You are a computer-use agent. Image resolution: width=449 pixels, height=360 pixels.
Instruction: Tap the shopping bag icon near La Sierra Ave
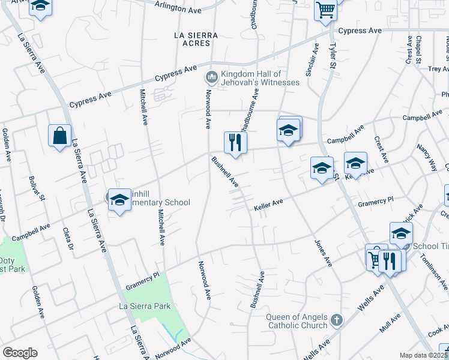tap(60, 136)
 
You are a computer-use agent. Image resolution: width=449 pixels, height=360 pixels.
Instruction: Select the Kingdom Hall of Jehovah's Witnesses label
tap(259, 78)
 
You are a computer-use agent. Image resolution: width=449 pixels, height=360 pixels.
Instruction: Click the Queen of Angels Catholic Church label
tap(298, 322)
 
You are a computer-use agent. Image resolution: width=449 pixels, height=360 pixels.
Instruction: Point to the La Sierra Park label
tap(145, 306)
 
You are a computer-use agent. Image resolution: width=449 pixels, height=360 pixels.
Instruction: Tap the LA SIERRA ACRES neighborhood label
tap(192, 39)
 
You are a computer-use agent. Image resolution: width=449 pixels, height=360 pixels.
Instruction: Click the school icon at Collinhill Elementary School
tap(119, 200)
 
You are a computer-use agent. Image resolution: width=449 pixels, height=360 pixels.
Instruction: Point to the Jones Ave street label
tap(323, 253)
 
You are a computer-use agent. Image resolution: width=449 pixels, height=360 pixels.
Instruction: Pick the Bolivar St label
tap(37, 187)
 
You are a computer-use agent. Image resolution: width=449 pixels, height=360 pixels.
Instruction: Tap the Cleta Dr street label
tap(67, 238)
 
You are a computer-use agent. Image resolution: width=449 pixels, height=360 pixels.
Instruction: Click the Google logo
tap(20, 352)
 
